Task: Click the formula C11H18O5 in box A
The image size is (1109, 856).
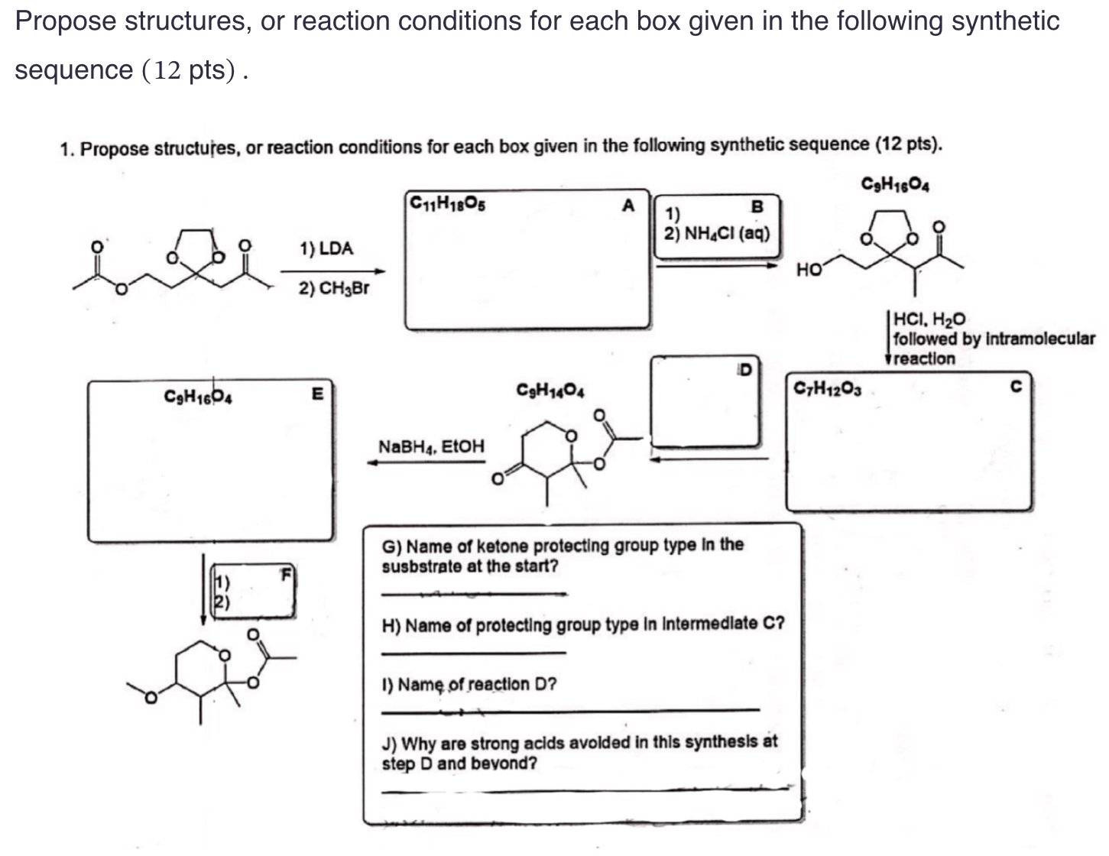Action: click(x=447, y=203)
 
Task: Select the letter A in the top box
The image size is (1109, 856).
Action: click(x=628, y=205)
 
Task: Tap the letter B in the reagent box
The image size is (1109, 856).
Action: click(x=757, y=206)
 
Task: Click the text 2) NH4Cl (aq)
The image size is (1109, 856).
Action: click(x=717, y=233)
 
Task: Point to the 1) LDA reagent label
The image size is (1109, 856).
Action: click(x=326, y=248)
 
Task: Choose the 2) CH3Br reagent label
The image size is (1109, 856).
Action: click(x=334, y=288)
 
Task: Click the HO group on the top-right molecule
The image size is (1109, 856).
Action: click(x=809, y=269)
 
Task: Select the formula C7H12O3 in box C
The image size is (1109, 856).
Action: click(x=828, y=388)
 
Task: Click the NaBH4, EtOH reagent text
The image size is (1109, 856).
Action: click(x=431, y=446)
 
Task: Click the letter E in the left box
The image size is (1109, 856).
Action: click(x=318, y=394)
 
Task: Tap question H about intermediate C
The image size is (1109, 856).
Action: click(x=582, y=624)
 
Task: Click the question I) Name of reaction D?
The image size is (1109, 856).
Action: click(x=469, y=684)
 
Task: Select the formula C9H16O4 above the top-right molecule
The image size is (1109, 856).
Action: click(x=895, y=183)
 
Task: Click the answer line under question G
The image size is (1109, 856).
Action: click(x=474, y=593)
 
